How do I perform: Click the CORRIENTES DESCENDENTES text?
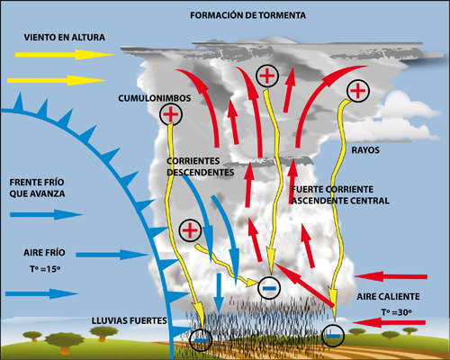point(201,166)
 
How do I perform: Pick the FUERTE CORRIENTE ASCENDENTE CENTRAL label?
point(340,195)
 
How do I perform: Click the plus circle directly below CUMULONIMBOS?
point(170,114)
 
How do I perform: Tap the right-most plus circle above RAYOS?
point(358,90)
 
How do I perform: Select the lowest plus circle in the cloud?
point(190,231)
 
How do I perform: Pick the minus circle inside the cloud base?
point(268,287)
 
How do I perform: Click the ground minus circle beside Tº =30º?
point(334,334)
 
